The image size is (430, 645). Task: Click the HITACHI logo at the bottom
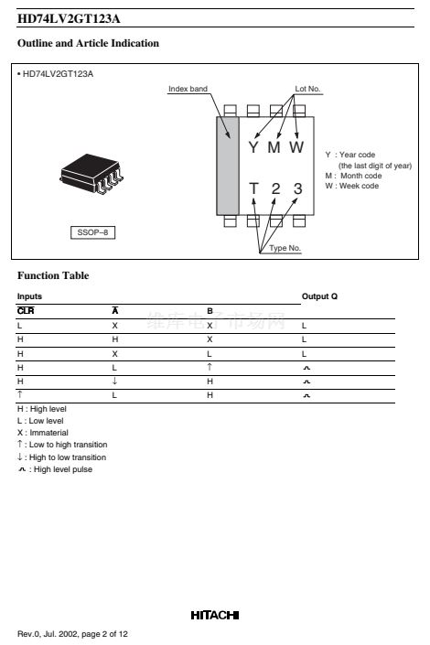(215, 615)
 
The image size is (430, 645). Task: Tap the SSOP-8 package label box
(92, 232)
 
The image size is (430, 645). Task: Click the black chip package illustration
(91, 174)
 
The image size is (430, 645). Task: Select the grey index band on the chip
(228, 166)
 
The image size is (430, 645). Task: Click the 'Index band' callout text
(188, 89)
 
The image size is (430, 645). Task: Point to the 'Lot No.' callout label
(307, 89)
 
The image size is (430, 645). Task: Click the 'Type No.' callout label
(285, 248)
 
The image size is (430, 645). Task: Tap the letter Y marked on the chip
(253, 147)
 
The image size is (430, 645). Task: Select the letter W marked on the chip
(296, 147)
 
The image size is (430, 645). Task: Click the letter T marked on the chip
(254, 188)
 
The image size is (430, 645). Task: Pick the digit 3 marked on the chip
(298, 188)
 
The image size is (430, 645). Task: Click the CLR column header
(26, 310)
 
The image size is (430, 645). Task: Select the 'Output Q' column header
(319, 296)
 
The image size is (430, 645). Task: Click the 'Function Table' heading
(53, 275)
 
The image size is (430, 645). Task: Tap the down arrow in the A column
(114, 381)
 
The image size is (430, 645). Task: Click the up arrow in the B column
(210, 367)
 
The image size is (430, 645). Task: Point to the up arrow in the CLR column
(20, 394)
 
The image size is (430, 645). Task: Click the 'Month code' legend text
(360, 176)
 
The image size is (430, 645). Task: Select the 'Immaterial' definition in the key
(43, 433)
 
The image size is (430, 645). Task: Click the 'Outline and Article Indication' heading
(88, 43)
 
